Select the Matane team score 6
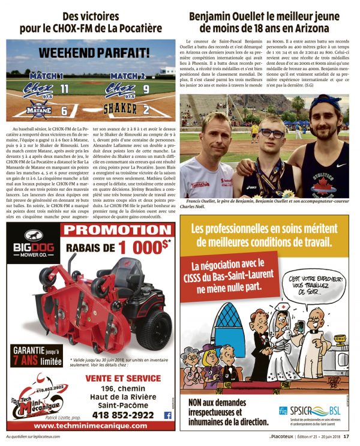65,109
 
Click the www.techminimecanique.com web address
84,425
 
